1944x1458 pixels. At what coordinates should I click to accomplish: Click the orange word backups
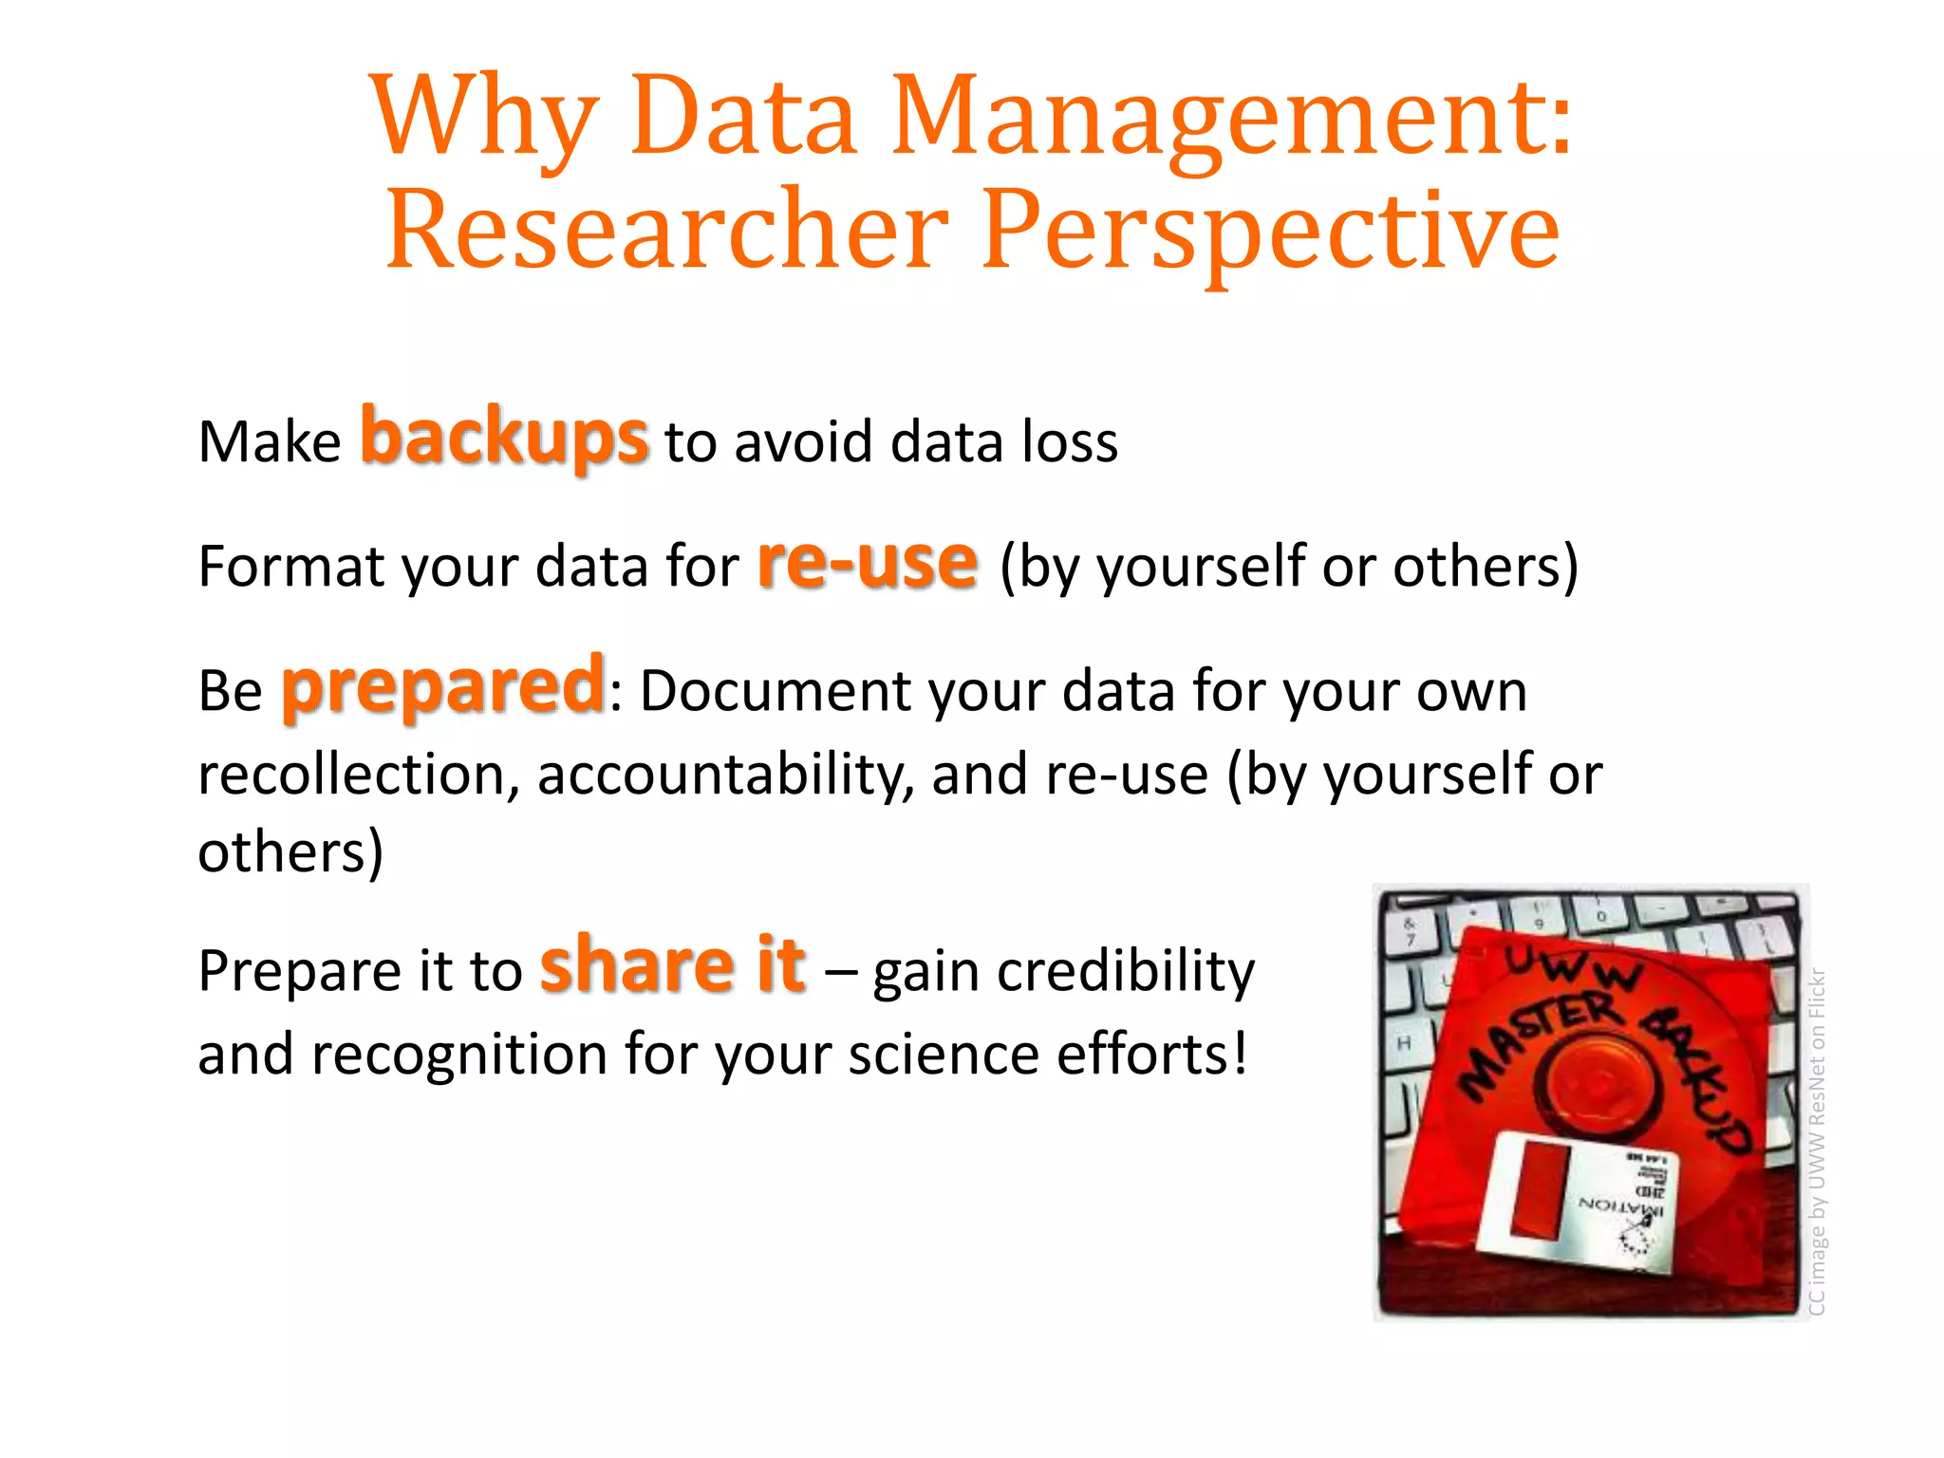pos(504,437)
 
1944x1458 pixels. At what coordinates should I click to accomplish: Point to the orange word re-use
pos(867,562)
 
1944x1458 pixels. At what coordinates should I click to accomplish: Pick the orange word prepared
pos(443,686)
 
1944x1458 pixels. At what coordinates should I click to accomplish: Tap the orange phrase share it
pos(673,965)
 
